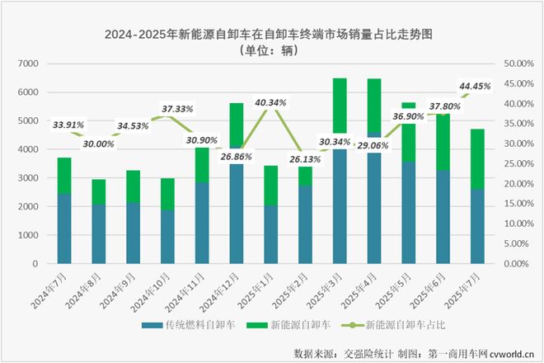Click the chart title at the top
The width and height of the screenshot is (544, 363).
point(272,34)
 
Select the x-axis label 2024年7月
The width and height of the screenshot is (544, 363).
point(54,290)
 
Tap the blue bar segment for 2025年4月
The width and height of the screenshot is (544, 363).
point(373,197)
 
